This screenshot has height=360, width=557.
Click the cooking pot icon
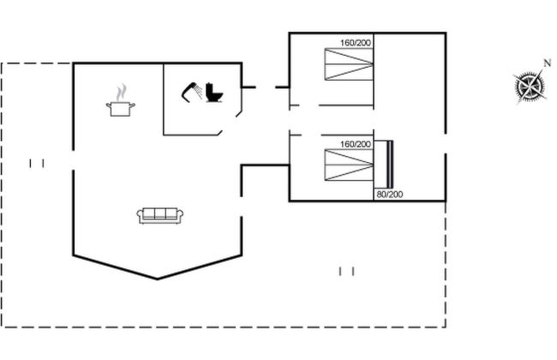pyautogui.click(x=119, y=106)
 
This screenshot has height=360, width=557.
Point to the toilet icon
pyautogui.click(x=213, y=93)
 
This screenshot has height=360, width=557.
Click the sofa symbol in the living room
pyautogui.click(x=159, y=215)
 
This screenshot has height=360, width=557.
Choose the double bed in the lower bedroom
pyautogui.click(x=349, y=165)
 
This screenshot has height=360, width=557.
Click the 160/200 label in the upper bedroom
pyautogui.click(x=355, y=43)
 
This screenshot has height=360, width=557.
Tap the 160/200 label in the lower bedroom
pyautogui.click(x=355, y=144)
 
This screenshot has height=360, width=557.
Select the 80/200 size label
pyautogui.click(x=389, y=195)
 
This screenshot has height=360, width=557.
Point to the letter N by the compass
pyautogui.click(x=547, y=63)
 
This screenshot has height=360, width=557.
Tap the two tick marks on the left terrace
pyautogui.click(x=36, y=162)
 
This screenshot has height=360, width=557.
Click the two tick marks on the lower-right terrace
pyautogui.click(x=346, y=271)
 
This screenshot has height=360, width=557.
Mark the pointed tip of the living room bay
pyautogui.click(x=158, y=279)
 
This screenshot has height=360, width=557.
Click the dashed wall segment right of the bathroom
pyautogui.click(x=265, y=87)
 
